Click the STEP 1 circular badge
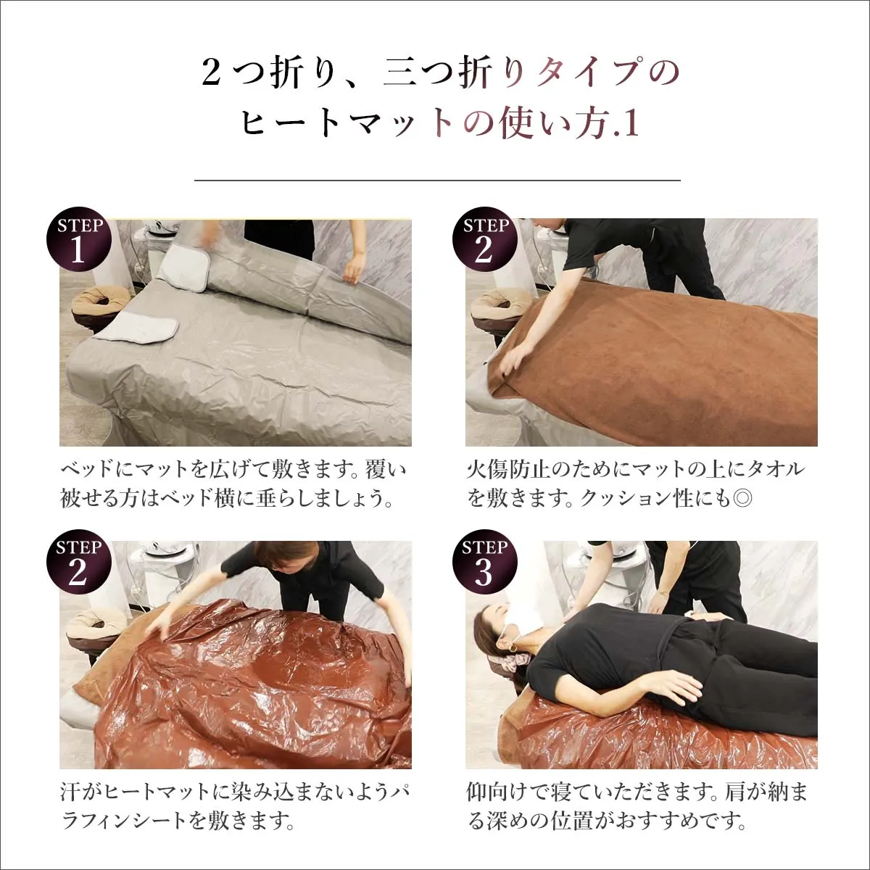[78, 241]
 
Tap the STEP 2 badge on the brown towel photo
[484, 241]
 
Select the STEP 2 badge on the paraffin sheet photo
[78, 563]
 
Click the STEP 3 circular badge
[484, 563]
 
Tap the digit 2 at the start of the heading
[211, 72]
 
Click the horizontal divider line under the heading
[437, 180]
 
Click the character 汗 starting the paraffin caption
[70, 792]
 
